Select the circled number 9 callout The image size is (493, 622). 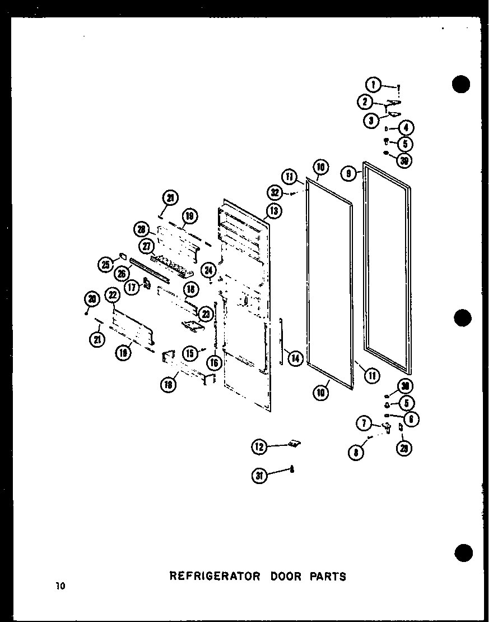pyautogui.click(x=348, y=174)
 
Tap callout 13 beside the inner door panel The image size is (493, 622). pyautogui.click(x=274, y=211)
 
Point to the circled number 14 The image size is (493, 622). pyautogui.click(x=295, y=357)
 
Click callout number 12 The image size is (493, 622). pyautogui.click(x=259, y=447)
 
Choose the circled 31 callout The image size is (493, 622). pyautogui.click(x=259, y=476)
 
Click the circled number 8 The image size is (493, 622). pyautogui.click(x=356, y=452)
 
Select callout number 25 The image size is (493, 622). pyautogui.click(x=105, y=265)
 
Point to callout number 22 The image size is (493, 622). pyautogui.click(x=113, y=294)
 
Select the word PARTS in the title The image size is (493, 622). pyautogui.click(x=325, y=576)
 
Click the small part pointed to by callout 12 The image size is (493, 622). pyautogui.click(x=293, y=444)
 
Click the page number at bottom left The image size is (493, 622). pyautogui.click(x=61, y=587)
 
